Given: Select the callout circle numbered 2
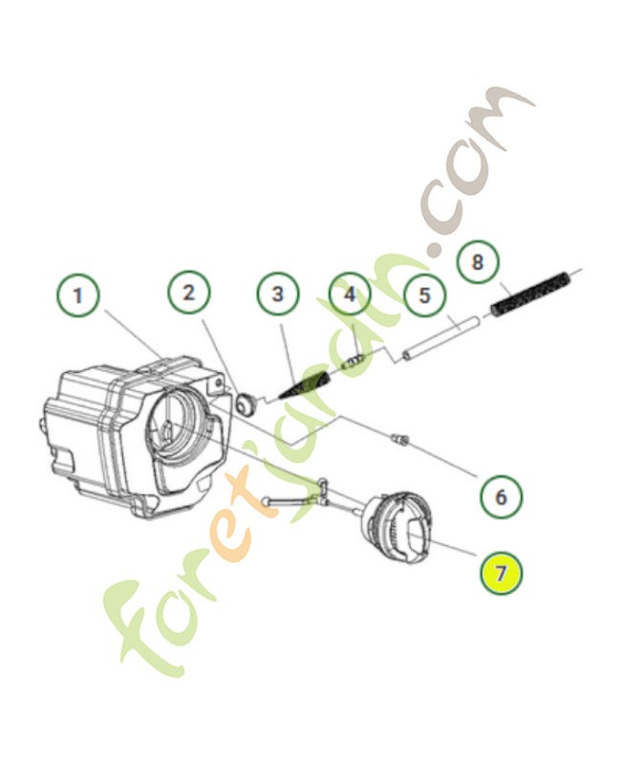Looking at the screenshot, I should pyautogui.click(x=189, y=293).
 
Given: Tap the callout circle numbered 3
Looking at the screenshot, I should pyautogui.click(x=277, y=294).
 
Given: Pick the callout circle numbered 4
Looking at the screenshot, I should pyautogui.click(x=350, y=294).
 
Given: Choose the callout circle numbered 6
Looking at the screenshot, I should pyautogui.click(x=502, y=496).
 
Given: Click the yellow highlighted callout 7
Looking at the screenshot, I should pyautogui.click(x=502, y=574).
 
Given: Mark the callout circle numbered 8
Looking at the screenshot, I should pyautogui.click(x=478, y=261).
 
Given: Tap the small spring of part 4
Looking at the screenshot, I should pyautogui.click(x=355, y=361).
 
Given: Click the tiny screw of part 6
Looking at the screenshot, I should pyautogui.click(x=400, y=439).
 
